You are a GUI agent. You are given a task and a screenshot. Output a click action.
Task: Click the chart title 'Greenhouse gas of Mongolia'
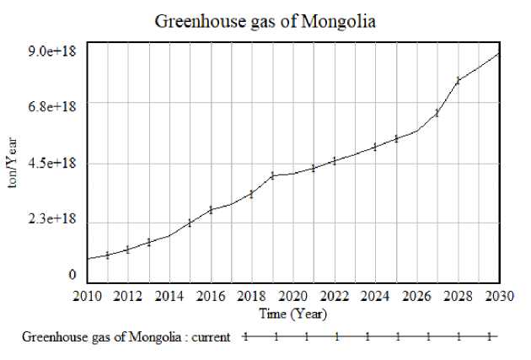[265, 21]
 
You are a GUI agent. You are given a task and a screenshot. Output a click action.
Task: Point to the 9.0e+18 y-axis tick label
[52, 51]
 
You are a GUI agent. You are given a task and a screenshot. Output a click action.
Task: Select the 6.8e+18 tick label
[52, 107]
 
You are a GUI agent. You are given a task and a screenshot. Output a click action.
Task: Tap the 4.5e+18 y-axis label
[52, 164]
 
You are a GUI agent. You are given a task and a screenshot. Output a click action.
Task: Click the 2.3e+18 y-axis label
[52, 219]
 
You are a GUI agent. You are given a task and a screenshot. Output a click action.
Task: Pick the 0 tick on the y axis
[72, 275]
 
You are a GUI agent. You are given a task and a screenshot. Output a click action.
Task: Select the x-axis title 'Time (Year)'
[292, 314]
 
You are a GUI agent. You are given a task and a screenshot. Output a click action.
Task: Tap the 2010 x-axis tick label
[87, 297]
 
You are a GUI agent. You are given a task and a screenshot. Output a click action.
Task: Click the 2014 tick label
[169, 297]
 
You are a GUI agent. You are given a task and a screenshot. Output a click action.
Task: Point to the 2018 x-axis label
[252, 297]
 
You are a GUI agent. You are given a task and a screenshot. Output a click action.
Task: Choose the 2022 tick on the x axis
[335, 297]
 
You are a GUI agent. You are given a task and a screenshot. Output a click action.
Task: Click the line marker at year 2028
[459, 80]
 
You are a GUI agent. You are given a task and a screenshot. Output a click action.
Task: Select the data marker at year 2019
[273, 175]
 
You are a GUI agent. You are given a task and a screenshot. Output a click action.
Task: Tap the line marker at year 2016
[211, 209]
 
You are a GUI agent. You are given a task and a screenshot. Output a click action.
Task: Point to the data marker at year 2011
[108, 255]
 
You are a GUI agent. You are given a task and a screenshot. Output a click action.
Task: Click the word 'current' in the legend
[211, 336]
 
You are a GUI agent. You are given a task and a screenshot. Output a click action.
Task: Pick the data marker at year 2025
[396, 138]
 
